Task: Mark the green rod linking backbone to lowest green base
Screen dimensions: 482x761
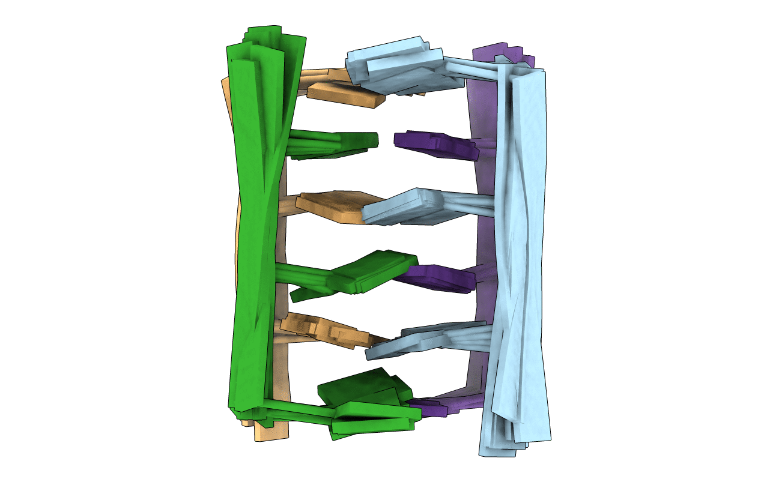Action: pyautogui.click(x=297, y=409)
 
